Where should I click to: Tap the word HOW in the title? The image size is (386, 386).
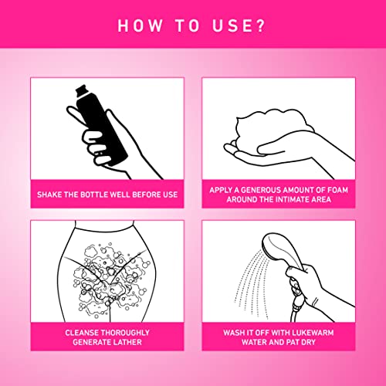141,25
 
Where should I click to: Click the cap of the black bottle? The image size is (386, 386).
82,90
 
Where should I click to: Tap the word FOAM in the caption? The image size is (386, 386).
337,190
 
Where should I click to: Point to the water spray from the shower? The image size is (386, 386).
252,284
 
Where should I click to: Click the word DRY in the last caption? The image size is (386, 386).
308,342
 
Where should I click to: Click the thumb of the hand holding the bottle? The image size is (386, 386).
78,115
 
